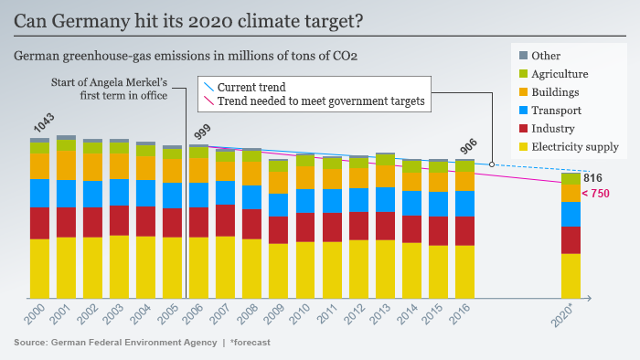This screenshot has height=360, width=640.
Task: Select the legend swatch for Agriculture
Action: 523,74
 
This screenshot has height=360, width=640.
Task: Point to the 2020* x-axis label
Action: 568,319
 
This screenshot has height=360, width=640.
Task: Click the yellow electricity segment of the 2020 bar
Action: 571,275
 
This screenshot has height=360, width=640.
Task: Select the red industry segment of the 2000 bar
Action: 39,223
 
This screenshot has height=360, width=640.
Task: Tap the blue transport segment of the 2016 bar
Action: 464,204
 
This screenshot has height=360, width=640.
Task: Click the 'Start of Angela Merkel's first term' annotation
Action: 117,89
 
